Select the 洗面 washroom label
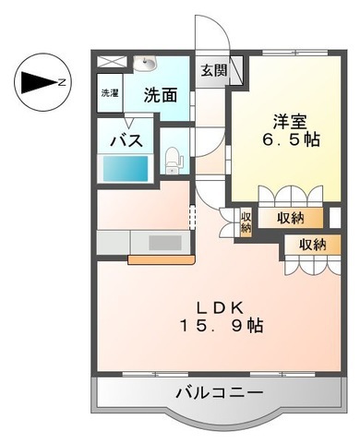(161, 93)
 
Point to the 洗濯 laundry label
(110, 92)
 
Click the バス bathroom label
(126, 139)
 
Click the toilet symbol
(171, 160)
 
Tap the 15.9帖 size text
(220, 327)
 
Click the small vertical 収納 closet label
(246, 221)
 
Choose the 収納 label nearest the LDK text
(312, 245)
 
